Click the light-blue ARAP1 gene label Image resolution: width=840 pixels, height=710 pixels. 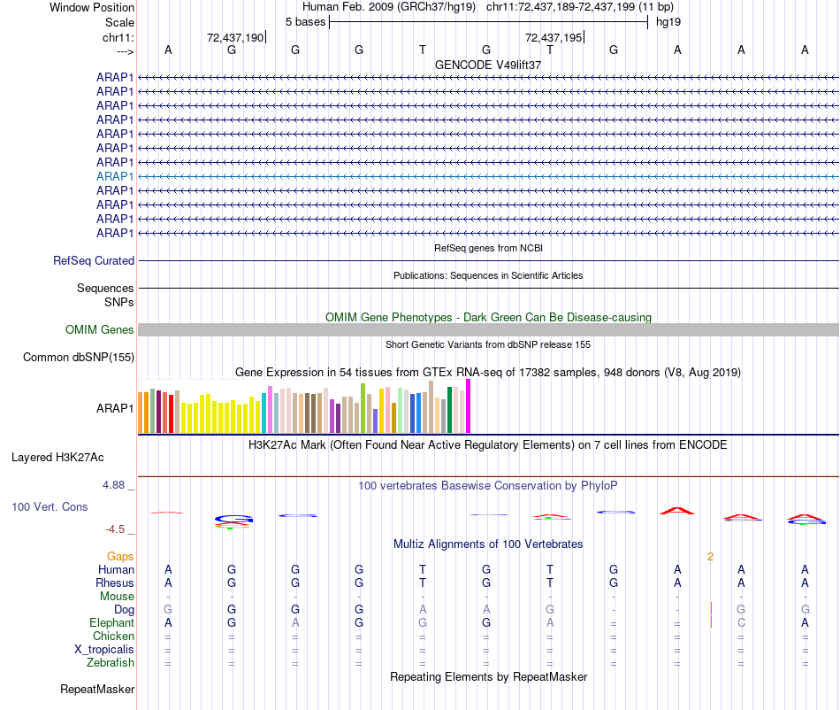coord(115,176)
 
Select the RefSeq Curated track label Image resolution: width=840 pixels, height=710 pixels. coord(94,261)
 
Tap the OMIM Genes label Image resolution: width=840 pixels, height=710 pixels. coord(100,330)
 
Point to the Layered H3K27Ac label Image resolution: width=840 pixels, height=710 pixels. coord(57,458)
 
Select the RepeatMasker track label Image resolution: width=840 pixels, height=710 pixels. coord(97,689)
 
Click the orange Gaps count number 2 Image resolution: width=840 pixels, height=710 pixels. coord(710,556)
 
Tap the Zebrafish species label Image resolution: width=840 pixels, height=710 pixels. coord(111,662)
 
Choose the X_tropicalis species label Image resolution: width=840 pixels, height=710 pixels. coord(104,649)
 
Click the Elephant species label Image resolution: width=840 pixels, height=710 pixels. coord(111,622)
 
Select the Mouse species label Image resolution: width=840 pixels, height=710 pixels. coord(117,596)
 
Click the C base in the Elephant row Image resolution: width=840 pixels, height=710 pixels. coord(741,622)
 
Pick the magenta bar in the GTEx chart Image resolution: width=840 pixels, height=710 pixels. coord(469,406)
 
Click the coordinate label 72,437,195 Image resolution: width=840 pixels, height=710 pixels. coord(554,38)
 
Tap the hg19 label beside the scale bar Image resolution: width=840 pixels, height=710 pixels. coord(668,20)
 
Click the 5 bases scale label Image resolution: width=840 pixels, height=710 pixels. coord(305,20)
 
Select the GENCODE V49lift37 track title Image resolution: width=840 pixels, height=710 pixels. coord(488,65)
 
